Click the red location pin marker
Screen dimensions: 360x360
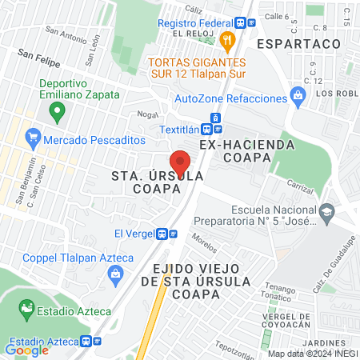coord(179,162)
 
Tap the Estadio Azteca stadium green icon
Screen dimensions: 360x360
coord(26,308)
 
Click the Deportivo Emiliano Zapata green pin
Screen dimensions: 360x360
coord(56,113)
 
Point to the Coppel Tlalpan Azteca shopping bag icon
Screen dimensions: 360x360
coord(115,274)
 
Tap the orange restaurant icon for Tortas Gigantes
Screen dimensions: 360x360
coord(228,41)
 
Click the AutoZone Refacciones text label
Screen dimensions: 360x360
coord(231,98)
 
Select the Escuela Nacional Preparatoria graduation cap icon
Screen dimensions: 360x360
coord(326,211)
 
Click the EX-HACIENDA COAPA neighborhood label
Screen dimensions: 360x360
coord(248,145)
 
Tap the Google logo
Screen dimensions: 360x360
coord(26,350)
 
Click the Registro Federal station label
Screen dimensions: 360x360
coord(199,23)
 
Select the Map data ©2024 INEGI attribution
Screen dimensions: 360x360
coord(313,353)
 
